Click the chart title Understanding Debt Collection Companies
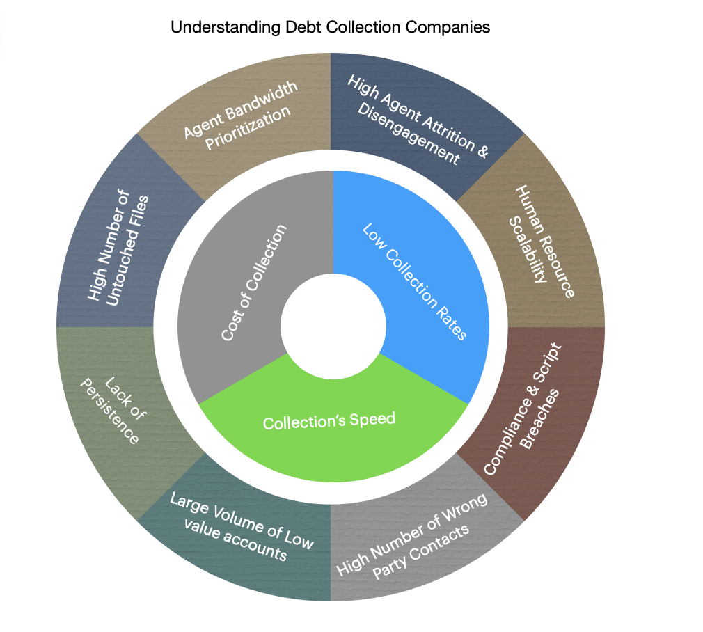[x=330, y=28]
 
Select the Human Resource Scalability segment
[x=539, y=240]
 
